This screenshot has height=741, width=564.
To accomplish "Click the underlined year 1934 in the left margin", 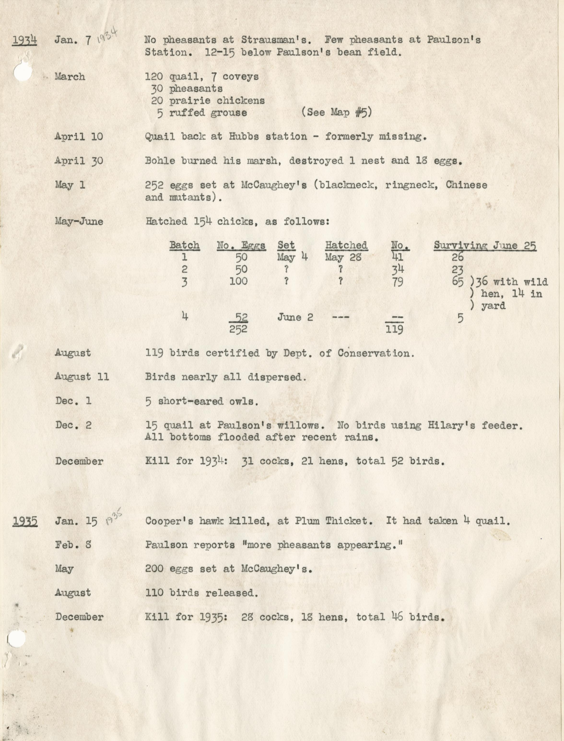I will (x=24, y=40).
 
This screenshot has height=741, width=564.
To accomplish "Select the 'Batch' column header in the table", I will (x=184, y=245).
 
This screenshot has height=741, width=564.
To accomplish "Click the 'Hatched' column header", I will (x=346, y=245).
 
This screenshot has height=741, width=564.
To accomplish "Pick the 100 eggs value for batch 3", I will (x=238, y=281).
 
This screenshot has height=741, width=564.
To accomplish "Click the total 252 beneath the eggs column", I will (x=238, y=329).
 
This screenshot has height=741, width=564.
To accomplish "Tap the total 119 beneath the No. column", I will (x=394, y=329).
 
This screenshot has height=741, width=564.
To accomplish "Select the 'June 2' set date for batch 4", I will (x=295, y=317).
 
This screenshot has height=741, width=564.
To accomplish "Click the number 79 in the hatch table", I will (x=398, y=281).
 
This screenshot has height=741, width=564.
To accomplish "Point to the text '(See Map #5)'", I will (x=337, y=112).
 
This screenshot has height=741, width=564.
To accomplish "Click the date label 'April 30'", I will (x=79, y=161).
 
